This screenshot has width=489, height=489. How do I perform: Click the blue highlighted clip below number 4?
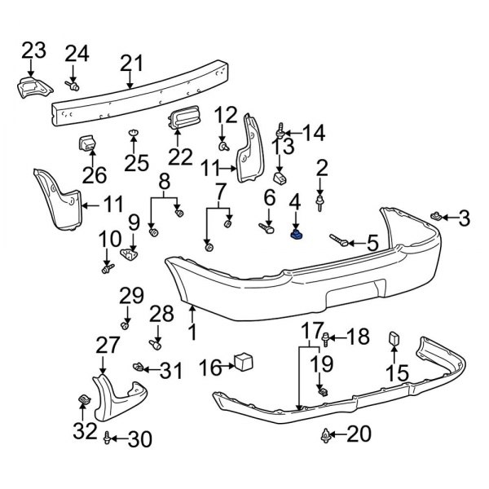pyautogui.click(x=297, y=235)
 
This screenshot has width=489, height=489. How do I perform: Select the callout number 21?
pyautogui.click(x=130, y=63)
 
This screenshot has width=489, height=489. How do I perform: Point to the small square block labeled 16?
pyautogui.click(x=244, y=363)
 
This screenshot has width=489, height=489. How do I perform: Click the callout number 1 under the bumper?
pyautogui.click(x=192, y=332)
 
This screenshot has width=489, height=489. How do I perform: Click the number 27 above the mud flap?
pyautogui.click(x=108, y=346)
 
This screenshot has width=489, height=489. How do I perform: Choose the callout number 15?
pyautogui.click(x=396, y=373)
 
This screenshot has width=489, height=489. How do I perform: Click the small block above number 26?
pyautogui.click(x=88, y=145)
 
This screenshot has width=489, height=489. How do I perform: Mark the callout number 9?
pyautogui.click(x=134, y=221)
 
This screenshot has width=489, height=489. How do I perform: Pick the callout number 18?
pyautogui.click(x=358, y=337)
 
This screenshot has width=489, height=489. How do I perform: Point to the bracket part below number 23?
pyautogui.click(x=31, y=89)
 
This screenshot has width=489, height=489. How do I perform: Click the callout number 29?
pyautogui.click(x=131, y=294)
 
